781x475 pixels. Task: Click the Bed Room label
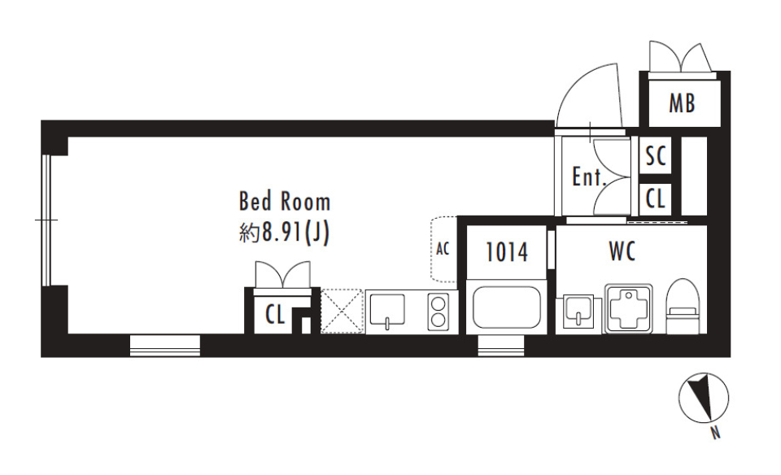coord(285,201)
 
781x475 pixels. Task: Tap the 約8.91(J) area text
coord(285,233)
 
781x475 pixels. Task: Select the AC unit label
coord(443,248)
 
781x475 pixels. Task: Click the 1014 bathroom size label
coord(507,252)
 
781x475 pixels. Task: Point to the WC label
coord(622,251)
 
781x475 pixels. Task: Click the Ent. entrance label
coord(589,176)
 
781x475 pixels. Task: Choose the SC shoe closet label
coord(656,156)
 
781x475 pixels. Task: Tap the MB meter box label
coord(682,103)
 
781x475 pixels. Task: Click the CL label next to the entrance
coord(656,198)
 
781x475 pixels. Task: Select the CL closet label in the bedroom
coord(274,315)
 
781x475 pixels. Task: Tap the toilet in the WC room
coord(683,307)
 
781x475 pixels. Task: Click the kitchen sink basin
coord(387,311)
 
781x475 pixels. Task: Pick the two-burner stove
coord(438,311)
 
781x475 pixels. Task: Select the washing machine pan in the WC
coord(629,308)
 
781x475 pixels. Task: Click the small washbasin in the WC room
coord(578,312)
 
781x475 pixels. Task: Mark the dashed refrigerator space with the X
coord(342,312)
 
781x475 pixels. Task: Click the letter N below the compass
coord(715,434)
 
